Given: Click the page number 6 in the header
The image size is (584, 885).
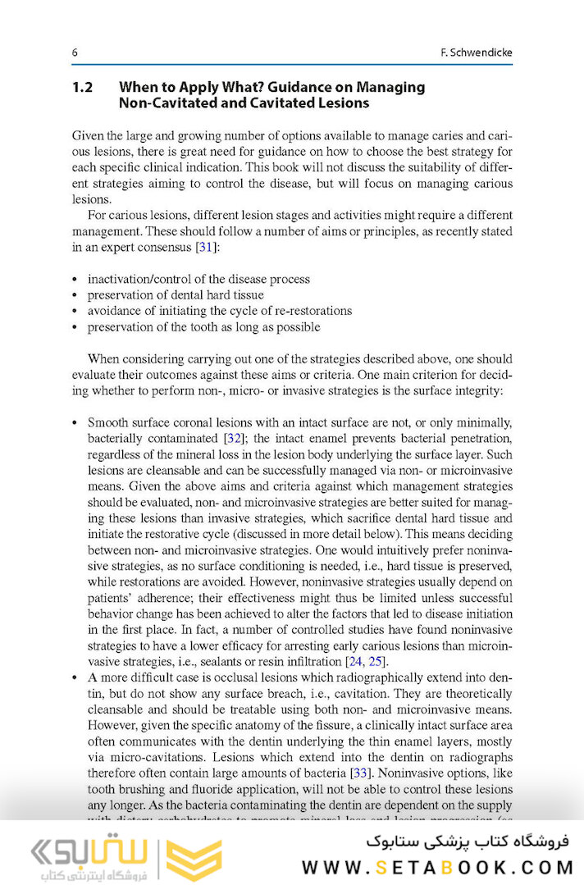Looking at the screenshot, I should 75,52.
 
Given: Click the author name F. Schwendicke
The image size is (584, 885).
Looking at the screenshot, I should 476,52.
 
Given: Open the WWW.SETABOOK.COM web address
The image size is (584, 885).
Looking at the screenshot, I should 436,867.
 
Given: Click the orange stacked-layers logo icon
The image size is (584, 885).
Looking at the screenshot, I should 194,860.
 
